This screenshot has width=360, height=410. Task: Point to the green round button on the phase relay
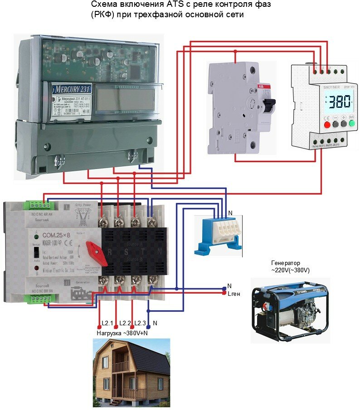351,123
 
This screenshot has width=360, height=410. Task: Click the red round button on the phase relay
327,123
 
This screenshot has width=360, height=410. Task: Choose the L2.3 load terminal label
140,323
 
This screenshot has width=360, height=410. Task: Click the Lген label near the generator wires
234,294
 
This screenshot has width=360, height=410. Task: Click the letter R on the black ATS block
109,252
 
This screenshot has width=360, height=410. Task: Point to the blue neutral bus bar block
216,234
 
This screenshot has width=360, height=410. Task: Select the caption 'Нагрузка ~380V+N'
122,333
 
